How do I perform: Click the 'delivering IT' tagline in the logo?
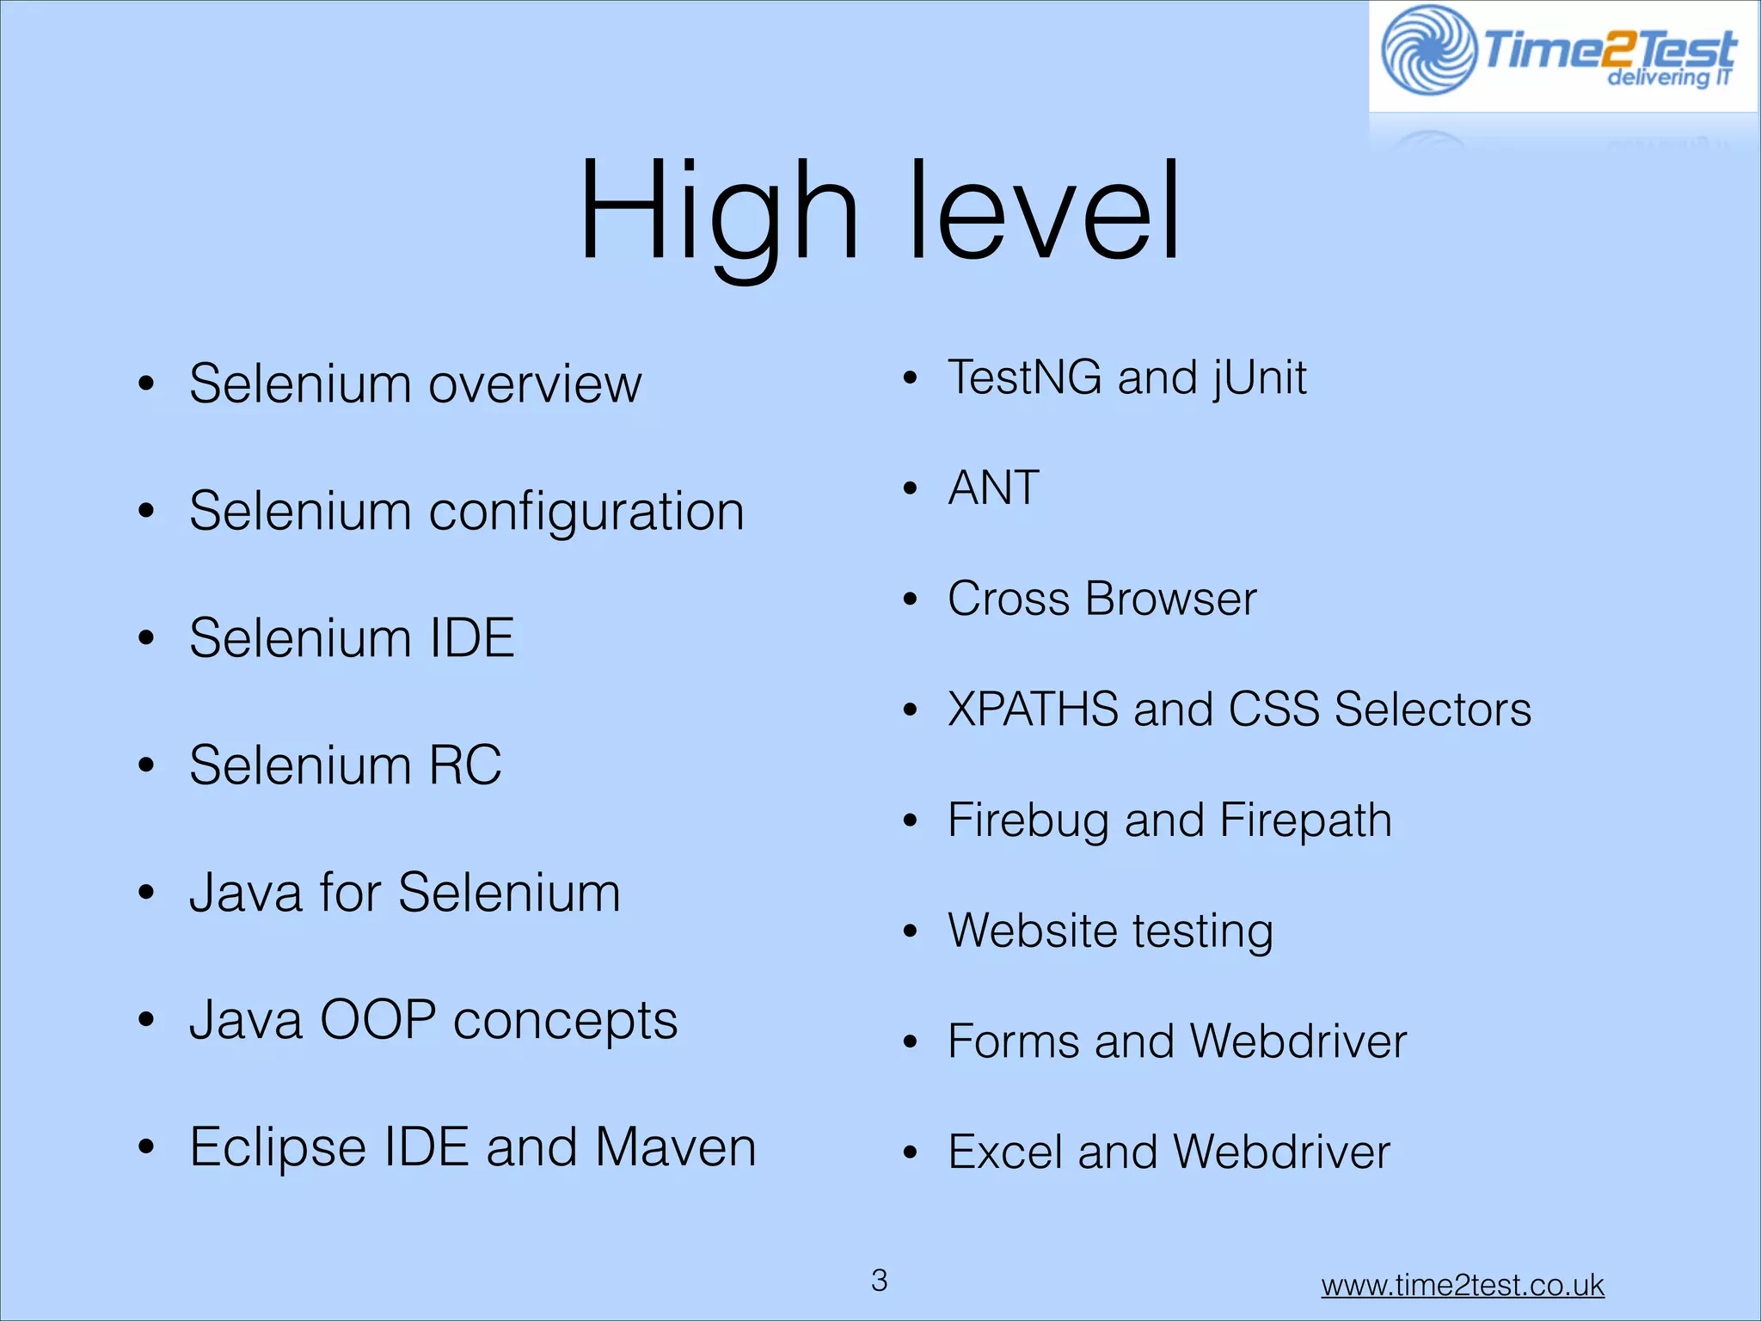pyautogui.click(x=1668, y=77)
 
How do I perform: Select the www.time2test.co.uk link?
pyautogui.click(x=1463, y=1285)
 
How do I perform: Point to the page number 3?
pyautogui.click(x=879, y=1281)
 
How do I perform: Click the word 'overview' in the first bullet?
pyautogui.click(x=535, y=384)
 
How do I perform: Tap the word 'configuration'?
pyautogui.click(x=586, y=512)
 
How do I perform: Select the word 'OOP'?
pyautogui.click(x=377, y=1020)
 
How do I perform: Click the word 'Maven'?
pyautogui.click(x=676, y=1147)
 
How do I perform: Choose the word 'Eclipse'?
pyautogui.click(x=278, y=1147)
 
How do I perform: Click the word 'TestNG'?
pyautogui.click(x=1024, y=377)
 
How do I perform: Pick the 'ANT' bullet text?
pyautogui.click(x=993, y=488)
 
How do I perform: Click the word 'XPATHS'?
pyautogui.click(x=1032, y=710)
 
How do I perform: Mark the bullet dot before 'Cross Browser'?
pyautogui.click(x=911, y=599)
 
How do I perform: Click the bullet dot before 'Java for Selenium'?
pyautogui.click(x=146, y=893)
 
